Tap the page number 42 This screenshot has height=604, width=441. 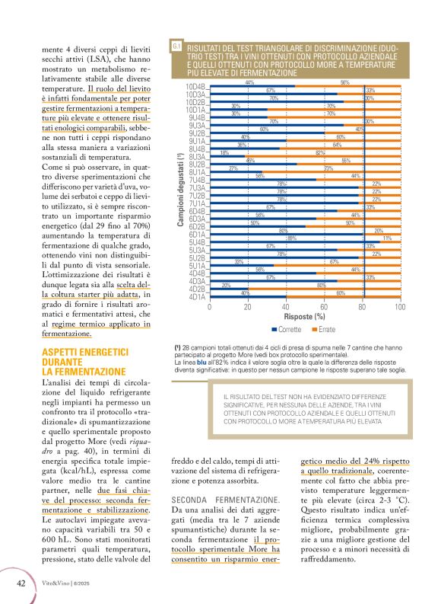(x=23, y=583)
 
